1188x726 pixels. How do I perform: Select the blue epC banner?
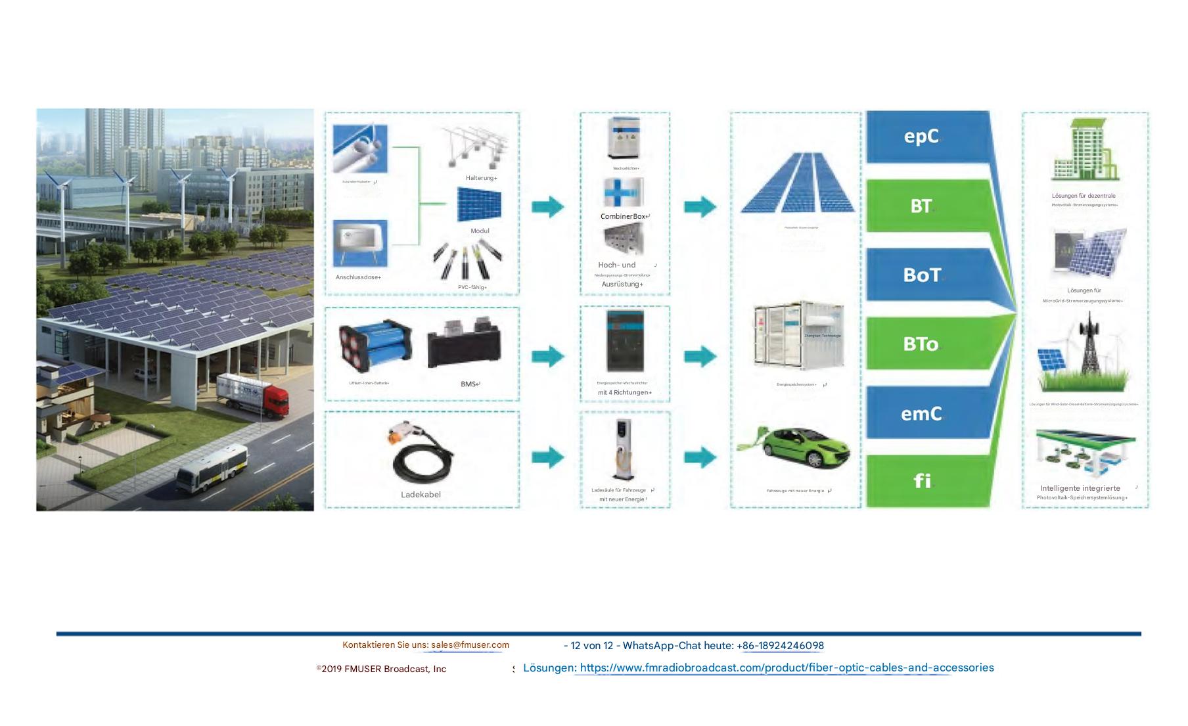click(x=926, y=136)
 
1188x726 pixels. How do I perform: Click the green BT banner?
click(x=926, y=206)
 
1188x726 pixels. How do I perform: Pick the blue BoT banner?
click(x=926, y=275)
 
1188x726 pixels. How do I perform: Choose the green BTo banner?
click(x=926, y=344)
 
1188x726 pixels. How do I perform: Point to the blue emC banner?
click(x=926, y=413)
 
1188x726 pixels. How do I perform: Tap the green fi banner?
click(x=926, y=481)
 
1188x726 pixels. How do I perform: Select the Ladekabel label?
click(x=421, y=495)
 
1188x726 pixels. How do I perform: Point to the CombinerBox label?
click(x=624, y=216)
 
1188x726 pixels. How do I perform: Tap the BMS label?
click(x=469, y=384)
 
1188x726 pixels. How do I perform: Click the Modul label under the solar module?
click(x=480, y=231)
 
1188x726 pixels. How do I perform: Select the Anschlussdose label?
click(x=357, y=277)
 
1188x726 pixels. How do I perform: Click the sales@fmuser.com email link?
click(x=470, y=645)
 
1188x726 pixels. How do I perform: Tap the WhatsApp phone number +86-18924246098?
click(x=783, y=646)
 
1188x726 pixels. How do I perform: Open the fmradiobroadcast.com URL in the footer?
click(x=787, y=668)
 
